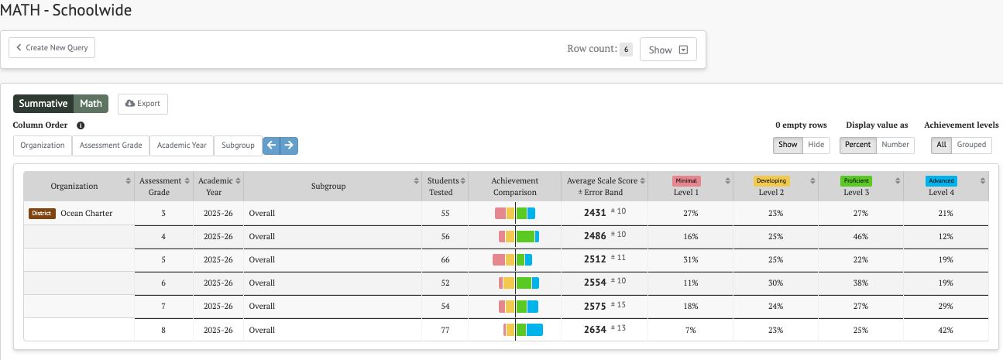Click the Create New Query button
coord(52,47)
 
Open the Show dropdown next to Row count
coord(668,50)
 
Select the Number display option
coord(895,145)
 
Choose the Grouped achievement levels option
coord(971,145)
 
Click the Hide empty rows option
coord(816,145)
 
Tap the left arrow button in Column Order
coord(271,145)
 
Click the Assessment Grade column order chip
coord(111,146)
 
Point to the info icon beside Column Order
coord(81,125)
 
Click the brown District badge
coord(42,213)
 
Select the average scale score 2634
coord(595,330)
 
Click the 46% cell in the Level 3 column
coord(860,236)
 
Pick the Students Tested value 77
coord(445,330)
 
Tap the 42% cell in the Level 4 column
coord(946,330)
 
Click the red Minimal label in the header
coord(686,181)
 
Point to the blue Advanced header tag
coord(941,181)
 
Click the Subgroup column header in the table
coord(328,187)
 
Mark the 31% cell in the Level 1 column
coord(690,259)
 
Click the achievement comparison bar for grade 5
coord(512,259)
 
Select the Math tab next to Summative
coord(91,104)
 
